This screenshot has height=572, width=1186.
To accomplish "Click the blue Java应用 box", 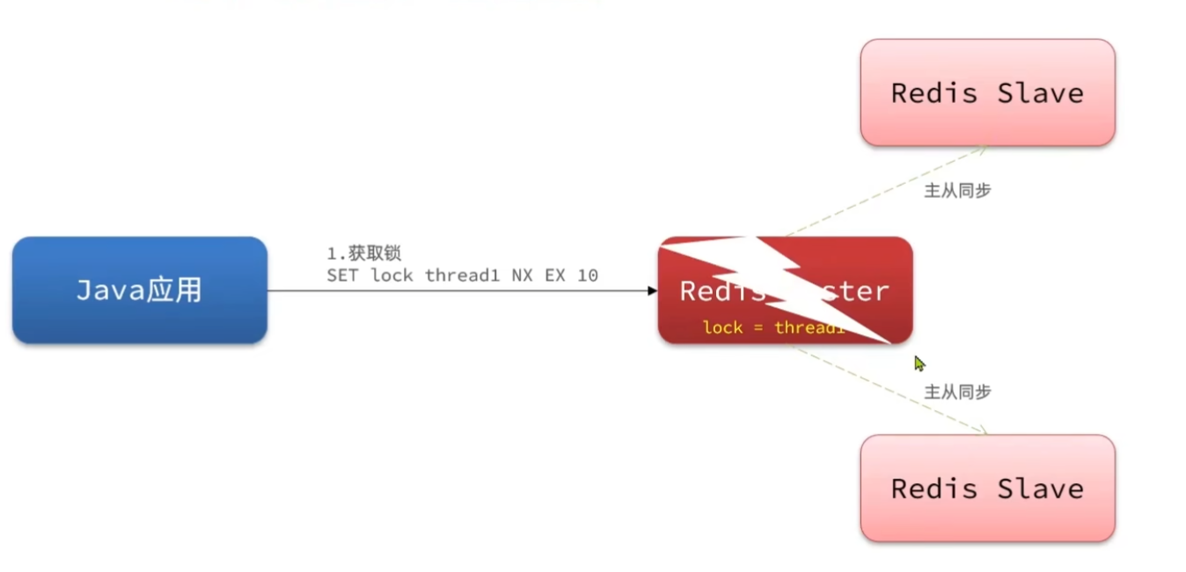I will (x=139, y=290).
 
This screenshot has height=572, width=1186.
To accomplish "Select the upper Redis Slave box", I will (x=987, y=92).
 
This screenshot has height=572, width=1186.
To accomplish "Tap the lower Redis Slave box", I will (x=987, y=488).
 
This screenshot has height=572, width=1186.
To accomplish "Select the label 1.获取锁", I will (x=363, y=253).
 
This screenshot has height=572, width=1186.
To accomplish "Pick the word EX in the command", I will (x=554, y=275).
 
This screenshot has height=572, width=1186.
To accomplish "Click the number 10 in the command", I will (x=588, y=275).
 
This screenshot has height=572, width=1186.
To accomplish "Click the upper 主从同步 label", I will (x=957, y=190).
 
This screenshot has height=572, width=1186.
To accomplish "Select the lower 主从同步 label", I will (x=957, y=392).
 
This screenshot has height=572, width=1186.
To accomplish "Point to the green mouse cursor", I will (x=919, y=363).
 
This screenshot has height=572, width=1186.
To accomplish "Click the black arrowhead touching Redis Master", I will (x=652, y=290).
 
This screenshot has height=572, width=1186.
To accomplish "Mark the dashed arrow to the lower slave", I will (x=889, y=389).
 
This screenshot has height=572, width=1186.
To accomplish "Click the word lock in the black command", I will (x=392, y=275).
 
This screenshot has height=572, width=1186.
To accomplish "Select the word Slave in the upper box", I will (x=1040, y=92).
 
